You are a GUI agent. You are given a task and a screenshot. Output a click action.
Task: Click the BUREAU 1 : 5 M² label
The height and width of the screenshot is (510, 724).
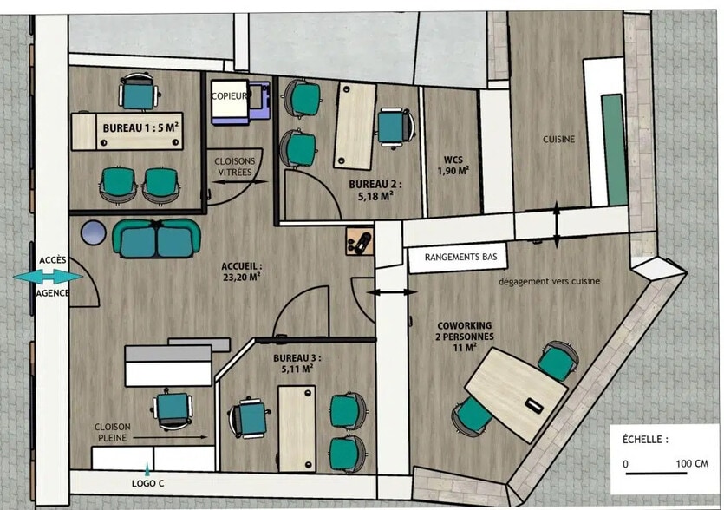pos(141,127)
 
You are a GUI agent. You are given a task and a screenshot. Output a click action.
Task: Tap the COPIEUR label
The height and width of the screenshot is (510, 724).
pos(231,95)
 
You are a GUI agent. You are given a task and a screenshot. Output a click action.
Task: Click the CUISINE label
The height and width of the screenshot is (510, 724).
pos(559,139)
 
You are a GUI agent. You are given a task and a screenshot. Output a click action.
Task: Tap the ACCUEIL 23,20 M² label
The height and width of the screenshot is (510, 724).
pos(242,272)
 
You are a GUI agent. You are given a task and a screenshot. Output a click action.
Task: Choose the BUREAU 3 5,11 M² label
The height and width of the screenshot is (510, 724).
pos(297,363)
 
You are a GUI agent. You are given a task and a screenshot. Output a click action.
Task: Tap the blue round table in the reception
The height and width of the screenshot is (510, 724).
pos(92,232)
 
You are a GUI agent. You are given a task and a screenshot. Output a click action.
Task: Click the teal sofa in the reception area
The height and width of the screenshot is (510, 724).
pos(156,239)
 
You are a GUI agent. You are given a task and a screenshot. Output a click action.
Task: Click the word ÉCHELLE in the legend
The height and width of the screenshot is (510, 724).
pos(645,440)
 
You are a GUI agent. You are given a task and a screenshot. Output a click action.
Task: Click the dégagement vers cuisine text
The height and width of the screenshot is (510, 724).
pos(550,282)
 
